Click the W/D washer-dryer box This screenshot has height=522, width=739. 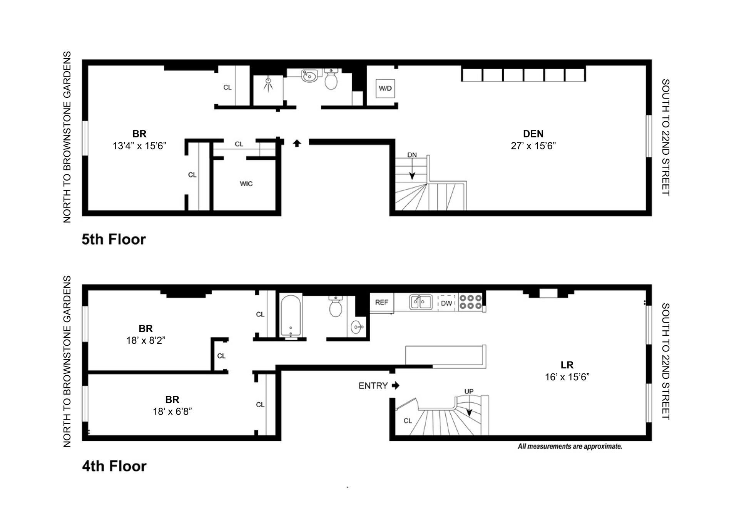385,88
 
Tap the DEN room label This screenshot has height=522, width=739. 533,134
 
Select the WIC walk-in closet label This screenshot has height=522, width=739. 246,184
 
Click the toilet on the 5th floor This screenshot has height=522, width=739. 331,79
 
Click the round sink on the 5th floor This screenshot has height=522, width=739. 309,76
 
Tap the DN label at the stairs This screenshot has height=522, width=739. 412,155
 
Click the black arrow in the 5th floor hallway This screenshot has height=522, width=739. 297,143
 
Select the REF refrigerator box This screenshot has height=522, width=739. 381,303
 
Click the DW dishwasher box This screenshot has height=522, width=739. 446,303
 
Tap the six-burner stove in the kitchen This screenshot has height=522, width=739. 470,302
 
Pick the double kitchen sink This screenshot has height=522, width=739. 420,302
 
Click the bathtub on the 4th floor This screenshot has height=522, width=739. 291,316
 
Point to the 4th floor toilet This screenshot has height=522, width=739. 336,306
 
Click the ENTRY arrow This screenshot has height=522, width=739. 396,385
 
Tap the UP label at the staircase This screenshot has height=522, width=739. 469,391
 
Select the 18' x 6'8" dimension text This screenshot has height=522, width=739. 172,412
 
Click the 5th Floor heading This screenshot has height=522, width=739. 114,239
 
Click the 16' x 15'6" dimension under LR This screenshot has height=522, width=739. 567,377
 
